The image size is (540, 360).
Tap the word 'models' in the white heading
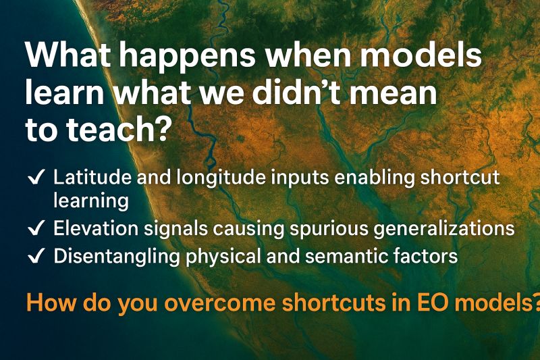(x=421, y=55)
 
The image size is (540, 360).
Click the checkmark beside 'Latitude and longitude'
(x=36, y=178)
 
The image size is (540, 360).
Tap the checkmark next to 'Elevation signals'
(x=36, y=228)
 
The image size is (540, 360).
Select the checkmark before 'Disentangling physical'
(x=36, y=256)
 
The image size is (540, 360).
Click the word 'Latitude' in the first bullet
(x=92, y=177)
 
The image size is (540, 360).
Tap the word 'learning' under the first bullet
(x=91, y=201)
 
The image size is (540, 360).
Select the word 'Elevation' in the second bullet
(x=96, y=228)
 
